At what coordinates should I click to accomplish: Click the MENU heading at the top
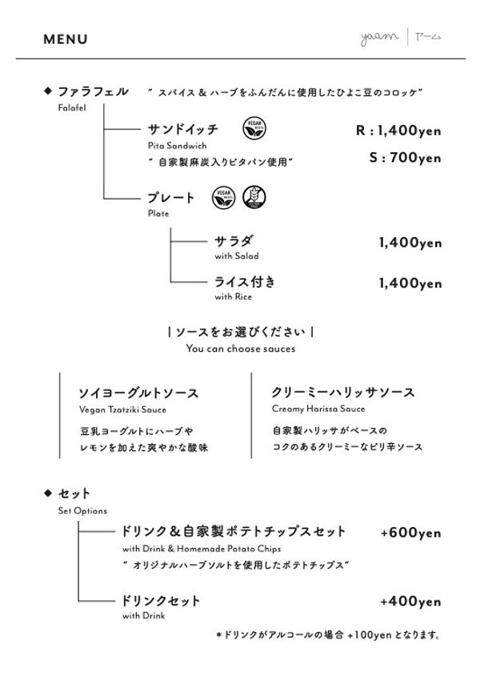pyautogui.click(x=66, y=39)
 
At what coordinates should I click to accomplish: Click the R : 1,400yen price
pyautogui.click(x=398, y=131)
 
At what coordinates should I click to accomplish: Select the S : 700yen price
pyautogui.click(x=405, y=158)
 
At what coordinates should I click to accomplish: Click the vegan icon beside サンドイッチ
pyautogui.click(x=254, y=128)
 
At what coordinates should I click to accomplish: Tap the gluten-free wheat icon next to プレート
pyautogui.click(x=254, y=197)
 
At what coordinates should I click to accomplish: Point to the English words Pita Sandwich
pyautogui.click(x=177, y=146)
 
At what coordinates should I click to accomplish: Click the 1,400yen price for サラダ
pyautogui.click(x=410, y=242)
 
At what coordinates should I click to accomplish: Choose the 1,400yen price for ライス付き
pyautogui.click(x=410, y=283)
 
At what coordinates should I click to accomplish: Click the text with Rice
pyautogui.click(x=233, y=297)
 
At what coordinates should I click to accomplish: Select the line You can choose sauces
pyautogui.click(x=240, y=349)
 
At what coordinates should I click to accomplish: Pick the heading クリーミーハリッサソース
pyautogui.click(x=343, y=392)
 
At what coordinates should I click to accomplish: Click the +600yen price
pyautogui.click(x=410, y=533)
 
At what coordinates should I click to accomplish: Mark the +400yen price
pyautogui.click(x=410, y=602)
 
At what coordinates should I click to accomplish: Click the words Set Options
pyautogui.click(x=82, y=510)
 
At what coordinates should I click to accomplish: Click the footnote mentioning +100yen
pyautogui.click(x=328, y=635)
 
